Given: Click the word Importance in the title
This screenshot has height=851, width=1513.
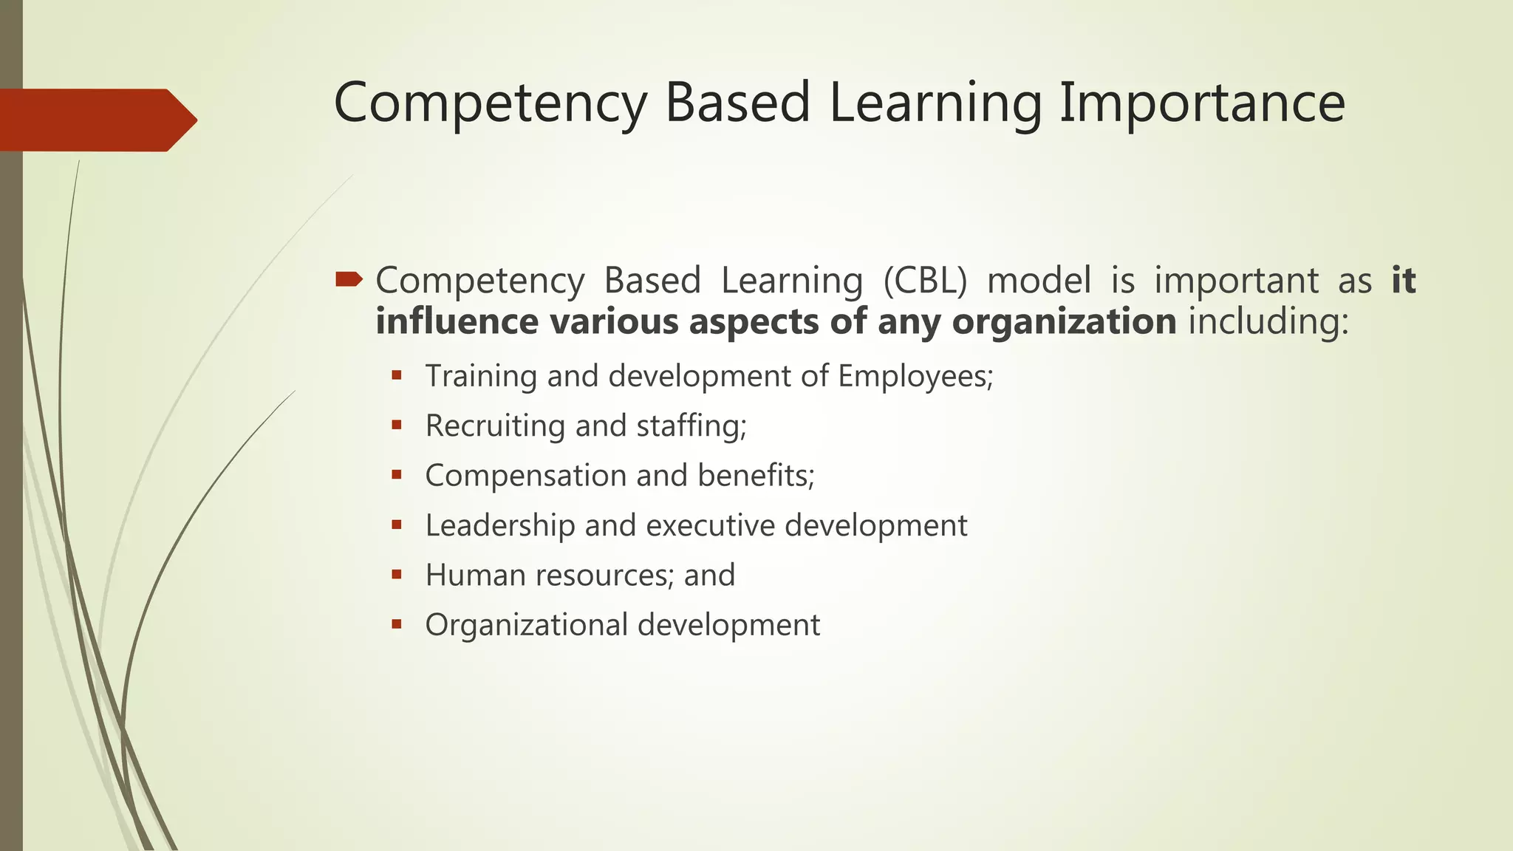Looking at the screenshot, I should tap(1202, 103).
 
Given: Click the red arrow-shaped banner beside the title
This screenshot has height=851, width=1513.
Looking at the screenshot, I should tap(96, 120).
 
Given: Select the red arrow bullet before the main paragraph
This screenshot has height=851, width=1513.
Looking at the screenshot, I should tap(349, 279).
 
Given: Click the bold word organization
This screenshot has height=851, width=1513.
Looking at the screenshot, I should tap(1064, 322).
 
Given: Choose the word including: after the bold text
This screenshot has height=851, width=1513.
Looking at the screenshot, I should tap(1268, 322).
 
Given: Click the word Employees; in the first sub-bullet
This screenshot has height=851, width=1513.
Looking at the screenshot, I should tap(915, 377).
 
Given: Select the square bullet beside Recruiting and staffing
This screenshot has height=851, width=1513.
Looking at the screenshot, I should tap(397, 425).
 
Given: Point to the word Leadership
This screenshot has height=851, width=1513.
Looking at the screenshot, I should tap(500, 526).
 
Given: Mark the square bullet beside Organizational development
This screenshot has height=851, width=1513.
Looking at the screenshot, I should tap(397, 623).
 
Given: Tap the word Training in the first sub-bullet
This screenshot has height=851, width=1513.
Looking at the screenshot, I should tap(481, 377).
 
